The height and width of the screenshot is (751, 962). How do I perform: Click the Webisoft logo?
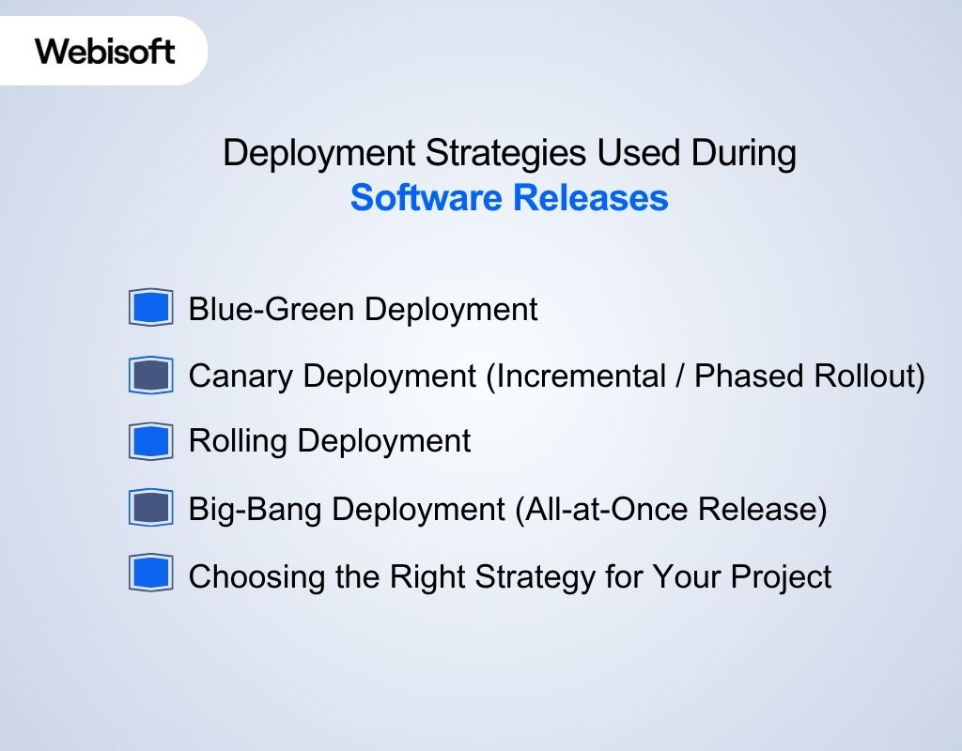tap(105, 51)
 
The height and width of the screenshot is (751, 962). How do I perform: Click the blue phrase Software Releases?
tap(509, 199)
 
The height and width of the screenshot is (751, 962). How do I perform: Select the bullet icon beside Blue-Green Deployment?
tap(150, 308)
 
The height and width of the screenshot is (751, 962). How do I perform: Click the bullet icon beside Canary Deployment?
tap(150, 375)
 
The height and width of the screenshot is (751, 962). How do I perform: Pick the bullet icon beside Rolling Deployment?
tap(150, 441)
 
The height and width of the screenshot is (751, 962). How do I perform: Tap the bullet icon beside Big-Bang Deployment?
tap(150, 509)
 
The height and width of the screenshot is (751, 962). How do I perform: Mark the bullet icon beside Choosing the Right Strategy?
tap(150, 575)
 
